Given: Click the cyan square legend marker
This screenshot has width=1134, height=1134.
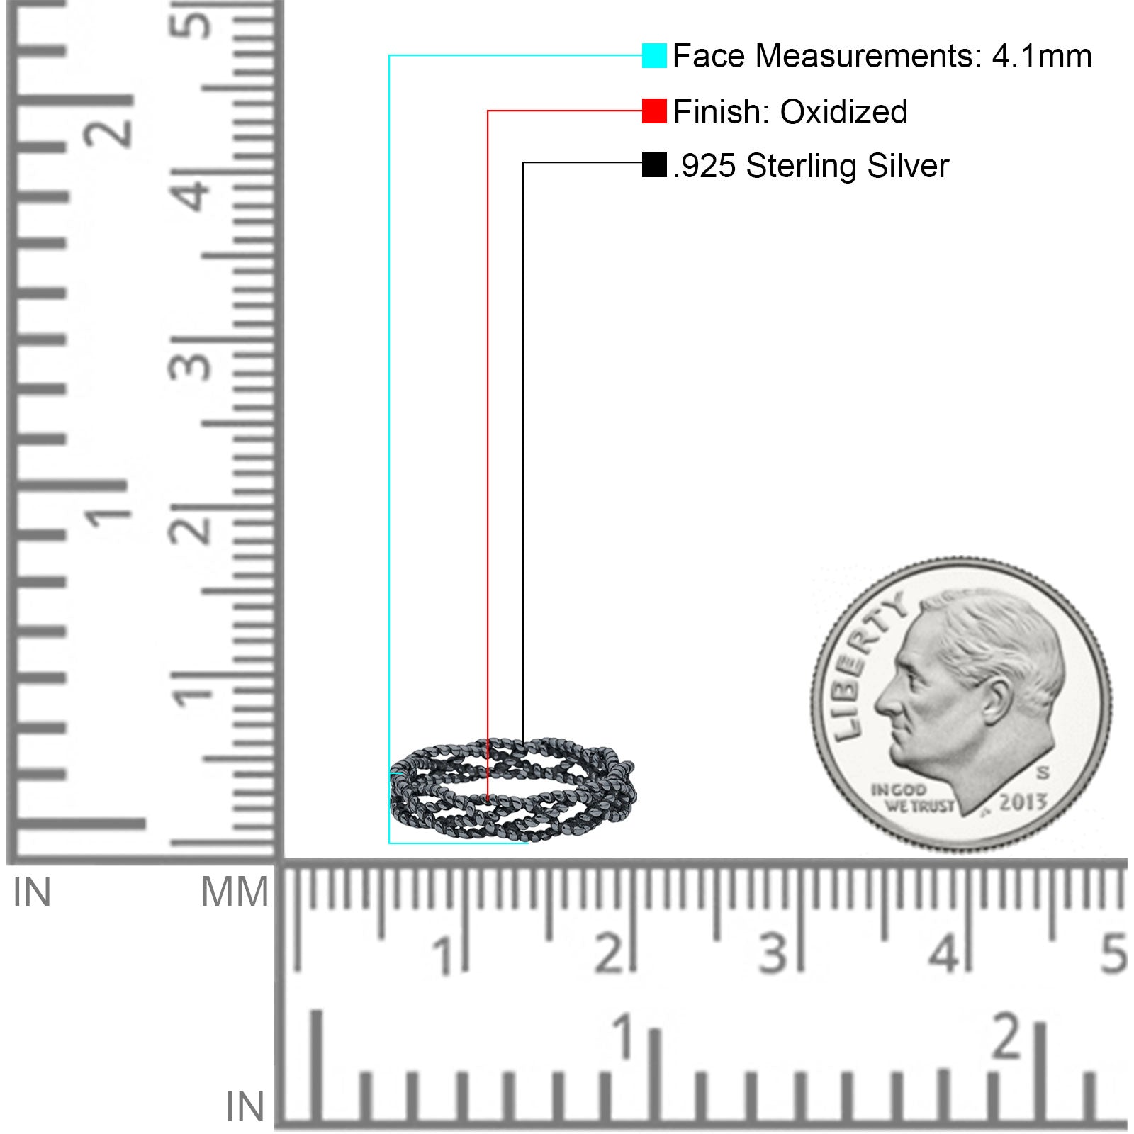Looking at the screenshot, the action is click(x=654, y=55).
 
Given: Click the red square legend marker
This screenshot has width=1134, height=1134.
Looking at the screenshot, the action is click(x=654, y=111).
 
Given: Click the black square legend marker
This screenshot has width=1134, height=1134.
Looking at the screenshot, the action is click(x=654, y=165).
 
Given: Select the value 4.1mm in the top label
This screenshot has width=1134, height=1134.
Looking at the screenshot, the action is click(x=1041, y=56).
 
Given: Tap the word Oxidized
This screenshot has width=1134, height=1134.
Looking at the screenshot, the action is click(x=843, y=111).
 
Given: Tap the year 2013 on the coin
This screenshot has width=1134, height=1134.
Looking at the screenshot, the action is click(x=1023, y=802).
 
